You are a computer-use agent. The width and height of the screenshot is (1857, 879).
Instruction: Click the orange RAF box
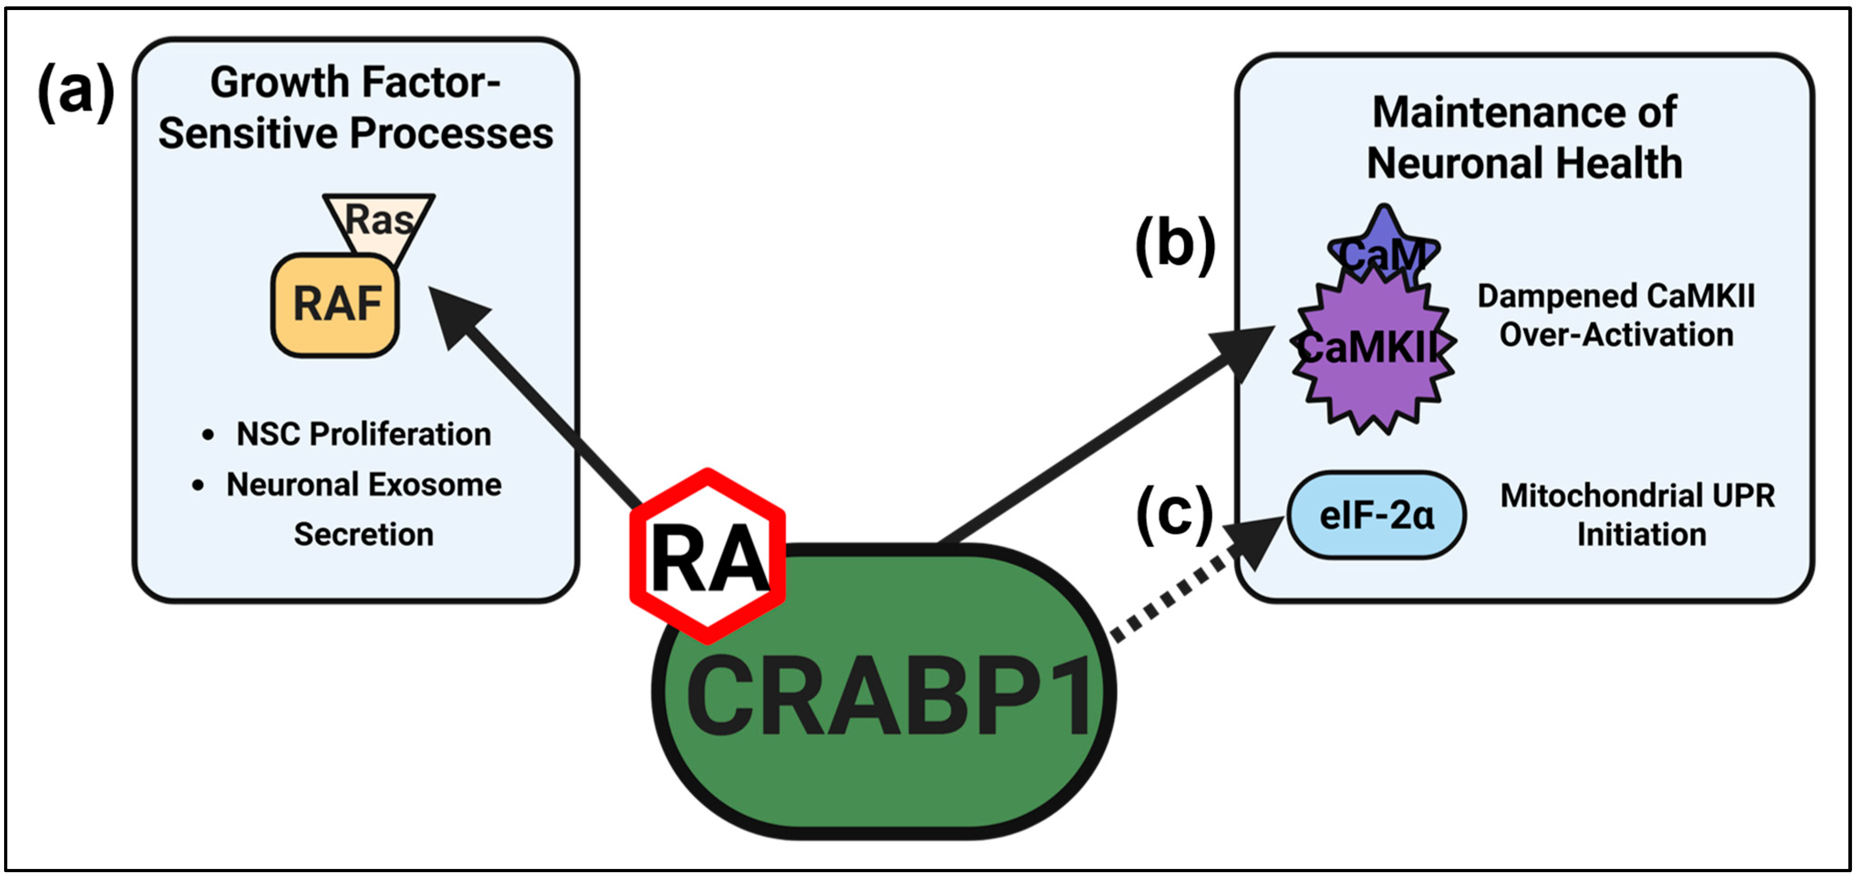[335, 305]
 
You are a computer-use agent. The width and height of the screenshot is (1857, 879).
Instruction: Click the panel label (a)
[76, 92]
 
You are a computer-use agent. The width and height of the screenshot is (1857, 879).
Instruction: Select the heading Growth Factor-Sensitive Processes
[356, 108]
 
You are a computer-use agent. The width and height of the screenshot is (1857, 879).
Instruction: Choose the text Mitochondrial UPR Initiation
[1637, 515]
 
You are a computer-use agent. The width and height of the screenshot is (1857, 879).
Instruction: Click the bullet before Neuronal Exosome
[198, 485]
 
